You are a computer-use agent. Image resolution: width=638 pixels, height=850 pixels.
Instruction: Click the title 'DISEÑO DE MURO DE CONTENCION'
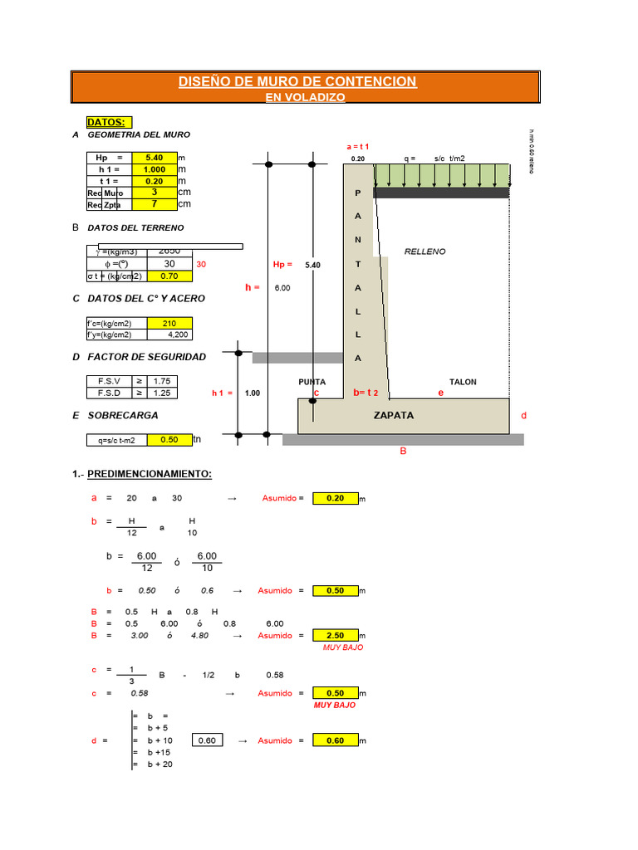click(297, 81)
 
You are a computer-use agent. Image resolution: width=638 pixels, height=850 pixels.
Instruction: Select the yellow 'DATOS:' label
click(106, 122)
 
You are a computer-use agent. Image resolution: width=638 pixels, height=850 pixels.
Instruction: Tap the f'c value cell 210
click(169, 323)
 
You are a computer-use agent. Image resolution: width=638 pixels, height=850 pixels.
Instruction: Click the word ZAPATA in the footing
click(394, 415)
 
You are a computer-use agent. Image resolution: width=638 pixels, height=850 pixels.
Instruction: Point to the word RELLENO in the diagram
click(425, 251)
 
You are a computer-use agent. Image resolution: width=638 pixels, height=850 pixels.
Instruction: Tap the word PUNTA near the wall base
click(312, 382)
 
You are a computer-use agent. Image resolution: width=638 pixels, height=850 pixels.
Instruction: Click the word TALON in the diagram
click(463, 382)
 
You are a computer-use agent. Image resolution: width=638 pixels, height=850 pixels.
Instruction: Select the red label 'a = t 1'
click(358, 147)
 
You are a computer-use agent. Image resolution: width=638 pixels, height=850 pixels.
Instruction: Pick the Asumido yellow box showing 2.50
click(335, 636)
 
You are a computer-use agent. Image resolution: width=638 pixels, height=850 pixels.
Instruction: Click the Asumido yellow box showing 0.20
click(335, 498)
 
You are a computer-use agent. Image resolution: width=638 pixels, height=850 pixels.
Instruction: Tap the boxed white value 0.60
click(207, 740)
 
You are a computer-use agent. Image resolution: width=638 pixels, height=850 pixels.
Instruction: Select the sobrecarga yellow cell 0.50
click(169, 440)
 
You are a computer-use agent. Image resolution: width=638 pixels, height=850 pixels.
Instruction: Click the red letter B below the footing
click(403, 452)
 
